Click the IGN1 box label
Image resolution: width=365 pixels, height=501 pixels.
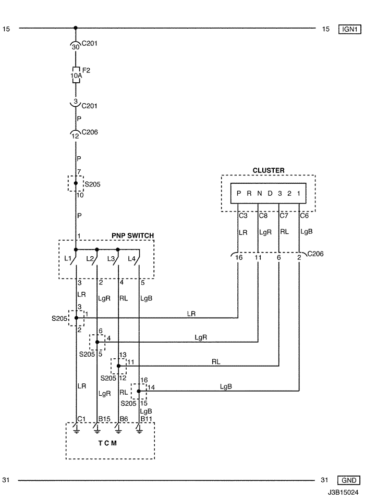pyautogui.click(x=350, y=29)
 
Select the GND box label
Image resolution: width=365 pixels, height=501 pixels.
pyautogui.click(x=349, y=480)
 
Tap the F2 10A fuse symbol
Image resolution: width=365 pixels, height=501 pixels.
pyautogui.click(x=76, y=76)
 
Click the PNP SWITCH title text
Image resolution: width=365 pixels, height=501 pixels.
pyautogui.click(x=132, y=235)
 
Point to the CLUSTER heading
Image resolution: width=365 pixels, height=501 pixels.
pyautogui.click(x=269, y=170)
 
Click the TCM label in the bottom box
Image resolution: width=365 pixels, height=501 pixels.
pyautogui.click(x=107, y=443)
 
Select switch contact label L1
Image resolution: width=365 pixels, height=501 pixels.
pyautogui.click(x=67, y=258)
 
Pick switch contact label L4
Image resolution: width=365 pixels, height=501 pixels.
pyautogui.click(x=131, y=259)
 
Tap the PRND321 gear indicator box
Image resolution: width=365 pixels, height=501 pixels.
pyautogui.click(x=269, y=193)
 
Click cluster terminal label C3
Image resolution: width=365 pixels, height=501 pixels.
pyautogui.click(x=243, y=216)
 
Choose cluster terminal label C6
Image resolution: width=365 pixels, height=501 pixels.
pyautogui.click(x=304, y=216)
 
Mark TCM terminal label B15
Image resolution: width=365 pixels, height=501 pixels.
pyautogui.click(x=104, y=419)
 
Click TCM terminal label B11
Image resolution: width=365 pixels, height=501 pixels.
pyautogui.click(x=147, y=419)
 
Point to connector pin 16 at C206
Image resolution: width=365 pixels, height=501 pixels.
pyautogui.click(x=239, y=257)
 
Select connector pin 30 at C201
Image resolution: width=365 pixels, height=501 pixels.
pyautogui.click(x=76, y=47)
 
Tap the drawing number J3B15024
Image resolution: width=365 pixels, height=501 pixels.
pyautogui.click(x=343, y=492)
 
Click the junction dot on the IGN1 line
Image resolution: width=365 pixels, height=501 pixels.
pyautogui.click(x=76, y=28)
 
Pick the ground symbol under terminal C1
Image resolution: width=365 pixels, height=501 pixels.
pyautogui.click(x=76, y=430)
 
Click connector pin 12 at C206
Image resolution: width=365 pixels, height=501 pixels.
pyautogui.click(x=75, y=136)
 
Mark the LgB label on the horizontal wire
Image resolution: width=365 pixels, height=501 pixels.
pyautogui.click(x=226, y=386)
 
